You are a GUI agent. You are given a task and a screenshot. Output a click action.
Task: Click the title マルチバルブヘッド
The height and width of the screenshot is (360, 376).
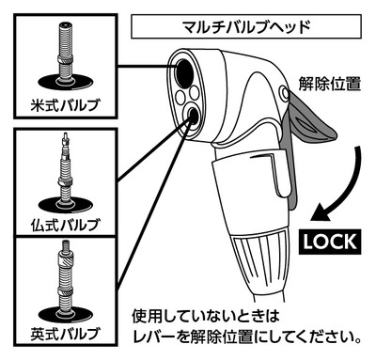[x=246, y=26]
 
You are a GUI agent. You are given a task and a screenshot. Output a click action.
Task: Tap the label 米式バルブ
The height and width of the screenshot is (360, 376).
[x=65, y=105]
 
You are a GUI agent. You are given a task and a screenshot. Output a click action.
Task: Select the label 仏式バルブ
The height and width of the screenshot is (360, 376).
[x=65, y=225]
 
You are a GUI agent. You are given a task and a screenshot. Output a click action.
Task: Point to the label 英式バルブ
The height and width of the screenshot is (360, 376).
[x=65, y=334]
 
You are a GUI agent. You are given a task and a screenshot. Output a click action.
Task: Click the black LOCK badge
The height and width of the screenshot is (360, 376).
[x=330, y=242]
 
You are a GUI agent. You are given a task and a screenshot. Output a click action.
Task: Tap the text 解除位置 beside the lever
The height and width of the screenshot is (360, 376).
[x=330, y=84]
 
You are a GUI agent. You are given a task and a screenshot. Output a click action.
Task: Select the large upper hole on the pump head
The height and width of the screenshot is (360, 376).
[x=183, y=73]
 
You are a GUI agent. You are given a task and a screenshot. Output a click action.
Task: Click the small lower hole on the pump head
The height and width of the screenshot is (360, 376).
[x=192, y=116]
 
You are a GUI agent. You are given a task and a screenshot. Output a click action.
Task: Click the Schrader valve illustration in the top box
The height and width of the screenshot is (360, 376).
[x=66, y=56]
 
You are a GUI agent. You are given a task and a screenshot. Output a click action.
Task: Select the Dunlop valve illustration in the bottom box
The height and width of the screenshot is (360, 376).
[x=66, y=282]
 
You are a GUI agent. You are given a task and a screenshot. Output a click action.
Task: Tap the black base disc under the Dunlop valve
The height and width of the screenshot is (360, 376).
[x=66, y=314]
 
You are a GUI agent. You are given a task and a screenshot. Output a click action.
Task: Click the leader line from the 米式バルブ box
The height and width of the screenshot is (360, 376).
[x=147, y=66]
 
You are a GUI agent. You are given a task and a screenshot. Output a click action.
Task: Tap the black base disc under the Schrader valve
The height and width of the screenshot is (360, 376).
[x=66, y=84]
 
